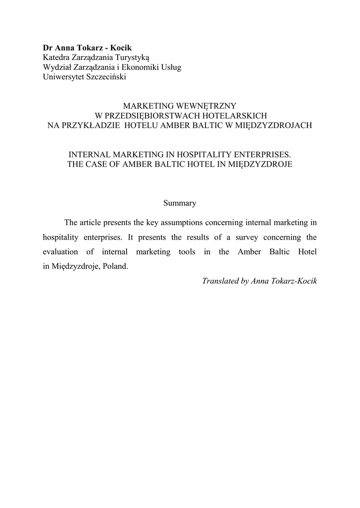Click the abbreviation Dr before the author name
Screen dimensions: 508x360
[48, 49]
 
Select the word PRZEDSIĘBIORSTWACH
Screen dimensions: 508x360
[146, 116]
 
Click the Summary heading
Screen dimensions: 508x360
[180, 203]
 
